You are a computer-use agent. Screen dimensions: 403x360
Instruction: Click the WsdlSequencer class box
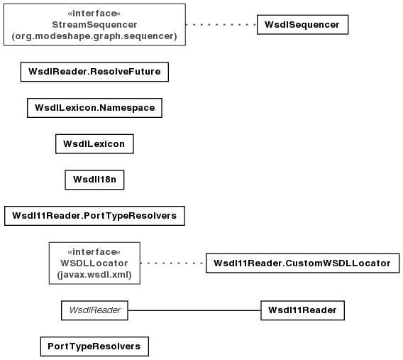pos(302,24)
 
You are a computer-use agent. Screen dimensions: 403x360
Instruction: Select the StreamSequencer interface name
pos(94,25)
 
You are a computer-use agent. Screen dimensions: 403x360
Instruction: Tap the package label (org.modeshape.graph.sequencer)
pos(94,36)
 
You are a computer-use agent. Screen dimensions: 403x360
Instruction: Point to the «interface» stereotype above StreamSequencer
pos(94,13)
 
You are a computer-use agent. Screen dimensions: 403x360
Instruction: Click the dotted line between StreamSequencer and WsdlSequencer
pos(221,25)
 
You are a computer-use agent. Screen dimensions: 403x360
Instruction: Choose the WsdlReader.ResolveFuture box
pos(94,72)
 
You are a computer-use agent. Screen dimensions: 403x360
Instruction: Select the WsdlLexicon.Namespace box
pos(94,108)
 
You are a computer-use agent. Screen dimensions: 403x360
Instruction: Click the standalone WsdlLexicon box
pos(94,143)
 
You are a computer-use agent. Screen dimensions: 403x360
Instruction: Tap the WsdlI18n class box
pos(94,180)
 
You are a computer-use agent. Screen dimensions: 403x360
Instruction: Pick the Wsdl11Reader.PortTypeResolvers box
pos(94,216)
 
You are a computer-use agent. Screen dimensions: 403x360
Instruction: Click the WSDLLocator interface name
pos(94,263)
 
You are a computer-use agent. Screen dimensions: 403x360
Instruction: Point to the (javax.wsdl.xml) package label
pos(94,275)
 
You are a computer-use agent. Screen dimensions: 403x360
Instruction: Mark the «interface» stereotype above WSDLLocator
pos(94,252)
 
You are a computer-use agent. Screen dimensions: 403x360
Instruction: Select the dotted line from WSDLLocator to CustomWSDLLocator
pos(173,263)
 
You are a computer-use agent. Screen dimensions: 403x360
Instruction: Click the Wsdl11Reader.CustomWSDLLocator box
pos(302,263)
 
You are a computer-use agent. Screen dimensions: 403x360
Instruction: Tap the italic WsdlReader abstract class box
pos(94,310)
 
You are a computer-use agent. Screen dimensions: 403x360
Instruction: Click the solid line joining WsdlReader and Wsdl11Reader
pos(194,310)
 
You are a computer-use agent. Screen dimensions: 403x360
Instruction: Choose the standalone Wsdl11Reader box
pos(302,310)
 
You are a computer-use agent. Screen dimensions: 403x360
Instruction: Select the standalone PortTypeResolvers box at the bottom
pos(94,347)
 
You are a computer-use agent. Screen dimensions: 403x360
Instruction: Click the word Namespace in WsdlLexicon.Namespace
pos(127,108)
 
